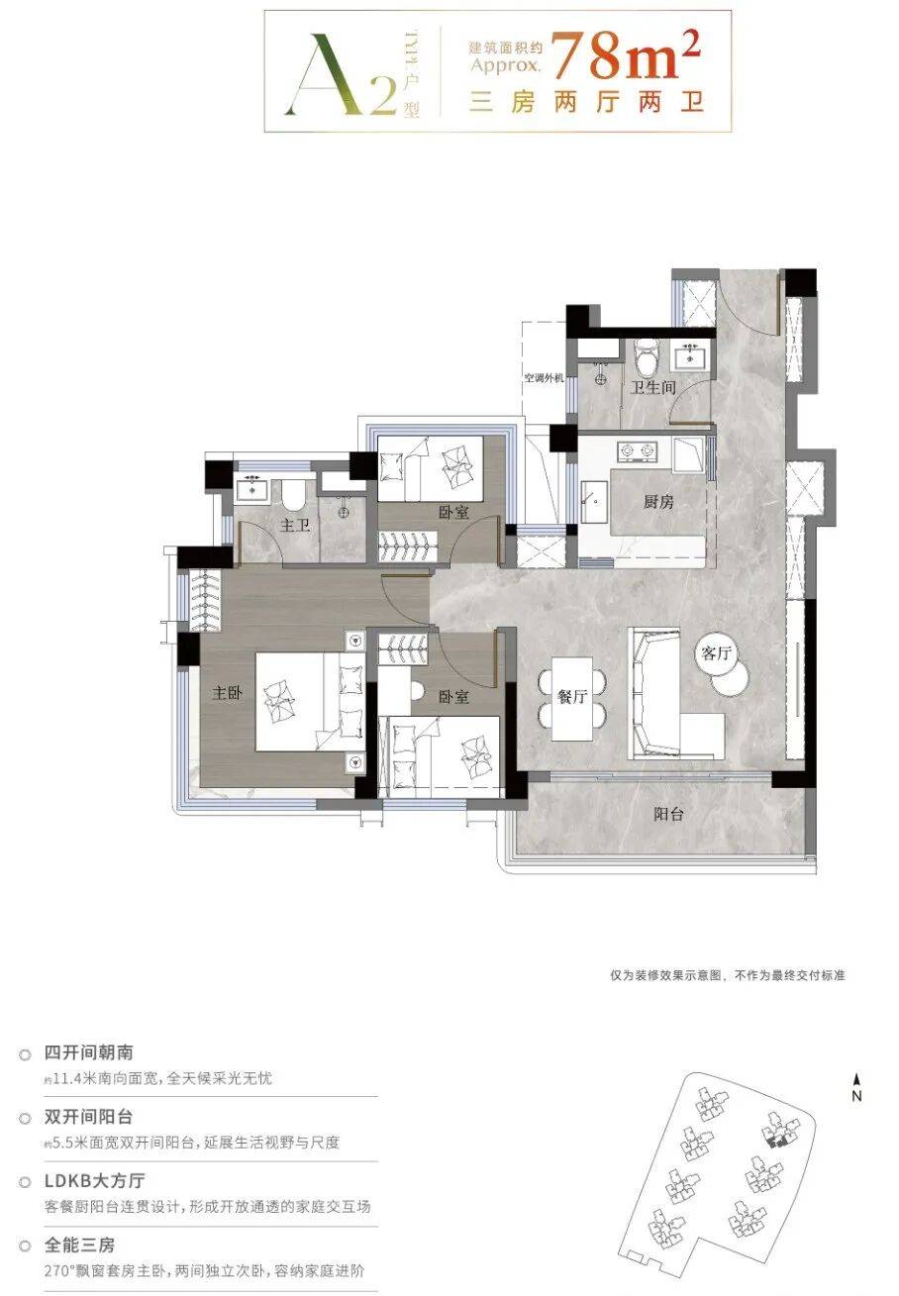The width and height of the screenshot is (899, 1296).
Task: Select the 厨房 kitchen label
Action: coord(658,501)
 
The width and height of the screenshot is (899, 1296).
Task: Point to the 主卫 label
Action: coord(295,525)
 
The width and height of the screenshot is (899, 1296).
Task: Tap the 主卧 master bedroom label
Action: coord(227,692)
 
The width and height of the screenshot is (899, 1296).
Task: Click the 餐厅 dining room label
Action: coord(572,697)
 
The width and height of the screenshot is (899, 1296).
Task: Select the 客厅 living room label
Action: coord(716,653)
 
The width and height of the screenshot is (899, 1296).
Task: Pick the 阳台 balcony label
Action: coord(668,814)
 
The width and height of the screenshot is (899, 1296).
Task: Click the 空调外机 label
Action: coord(544,378)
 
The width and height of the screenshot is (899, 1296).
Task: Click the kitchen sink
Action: coord(594,501)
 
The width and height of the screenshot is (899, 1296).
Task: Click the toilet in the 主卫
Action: coord(294,493)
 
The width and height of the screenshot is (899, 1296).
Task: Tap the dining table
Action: coord(572,698)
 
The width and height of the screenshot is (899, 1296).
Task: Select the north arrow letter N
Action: coord(856,1095)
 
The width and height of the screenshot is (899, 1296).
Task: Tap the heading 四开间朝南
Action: coord(89,1051)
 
